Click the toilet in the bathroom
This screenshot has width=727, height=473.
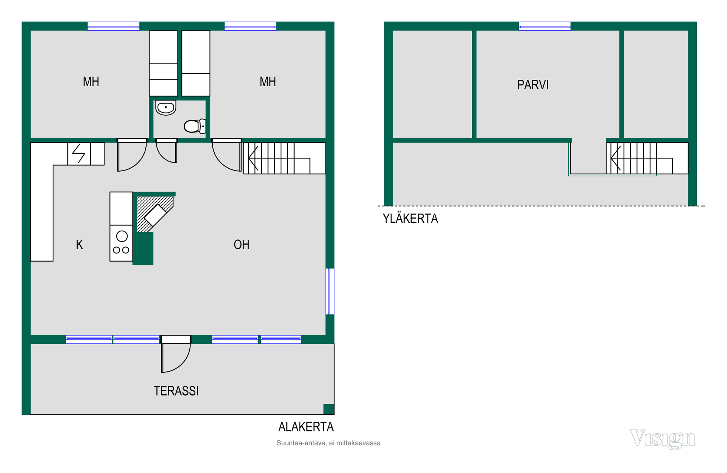(195, 126)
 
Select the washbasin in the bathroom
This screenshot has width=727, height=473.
(166, 108)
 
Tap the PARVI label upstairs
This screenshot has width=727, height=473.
(533, 85)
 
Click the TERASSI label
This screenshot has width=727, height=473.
(176, 391)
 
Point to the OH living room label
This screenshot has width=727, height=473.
(242, 245)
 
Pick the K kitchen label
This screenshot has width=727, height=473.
(79, 245)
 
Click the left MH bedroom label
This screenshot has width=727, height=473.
(91, 82)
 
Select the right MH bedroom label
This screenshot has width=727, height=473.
(268, 82)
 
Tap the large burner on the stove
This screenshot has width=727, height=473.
(122, 236)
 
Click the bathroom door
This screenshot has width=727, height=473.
(167, 151)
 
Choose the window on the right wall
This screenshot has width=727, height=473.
(330, 291)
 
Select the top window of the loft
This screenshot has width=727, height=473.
(544, 26)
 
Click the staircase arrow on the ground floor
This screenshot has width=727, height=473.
(253, 158)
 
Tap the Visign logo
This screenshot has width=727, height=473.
(663, 439)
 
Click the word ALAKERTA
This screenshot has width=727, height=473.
(306, 427)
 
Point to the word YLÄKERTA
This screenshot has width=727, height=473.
(410, 219)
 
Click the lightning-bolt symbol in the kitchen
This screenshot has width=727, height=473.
(79, 154)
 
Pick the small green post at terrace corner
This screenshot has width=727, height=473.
(329, 409)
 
